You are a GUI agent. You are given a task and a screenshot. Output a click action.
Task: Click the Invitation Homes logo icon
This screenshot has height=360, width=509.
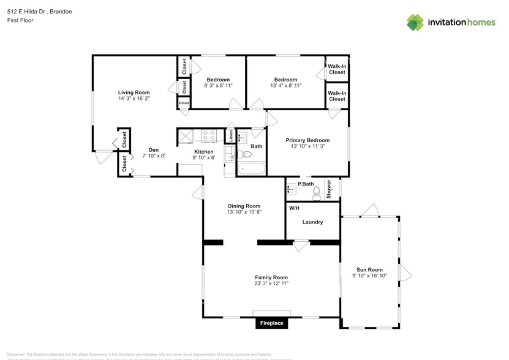[415, 22]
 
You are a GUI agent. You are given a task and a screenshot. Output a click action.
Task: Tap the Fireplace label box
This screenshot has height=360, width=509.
[271, 323]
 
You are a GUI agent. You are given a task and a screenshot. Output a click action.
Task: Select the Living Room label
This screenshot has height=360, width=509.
[134, 92]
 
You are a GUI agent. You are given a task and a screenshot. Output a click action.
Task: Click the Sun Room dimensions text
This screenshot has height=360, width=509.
[369, 276]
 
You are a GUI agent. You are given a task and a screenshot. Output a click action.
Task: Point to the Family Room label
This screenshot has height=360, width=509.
[271, 277]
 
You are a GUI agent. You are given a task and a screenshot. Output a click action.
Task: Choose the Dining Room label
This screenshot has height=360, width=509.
[244, 206]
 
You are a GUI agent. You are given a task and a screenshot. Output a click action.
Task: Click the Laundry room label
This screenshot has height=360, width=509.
[312, 222]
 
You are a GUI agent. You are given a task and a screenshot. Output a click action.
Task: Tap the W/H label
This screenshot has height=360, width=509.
[294, 208]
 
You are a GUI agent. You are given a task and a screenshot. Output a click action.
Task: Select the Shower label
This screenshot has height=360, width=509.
[328, 189]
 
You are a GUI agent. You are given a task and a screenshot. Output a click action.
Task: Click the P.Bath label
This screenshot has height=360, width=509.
[306, 184]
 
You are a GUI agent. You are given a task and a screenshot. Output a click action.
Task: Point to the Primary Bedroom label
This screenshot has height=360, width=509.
[307, 140]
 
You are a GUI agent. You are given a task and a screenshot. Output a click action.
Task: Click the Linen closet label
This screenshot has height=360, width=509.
[230, 135]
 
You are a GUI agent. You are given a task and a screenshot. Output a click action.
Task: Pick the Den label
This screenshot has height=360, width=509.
[153, 149]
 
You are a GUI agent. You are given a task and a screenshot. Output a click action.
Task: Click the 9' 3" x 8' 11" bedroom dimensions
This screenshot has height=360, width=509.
[218, 86]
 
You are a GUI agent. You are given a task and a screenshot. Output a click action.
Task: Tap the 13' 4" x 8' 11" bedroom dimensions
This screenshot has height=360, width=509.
[285, 86]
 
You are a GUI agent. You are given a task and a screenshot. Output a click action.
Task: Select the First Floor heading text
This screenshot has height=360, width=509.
[20, 20]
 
